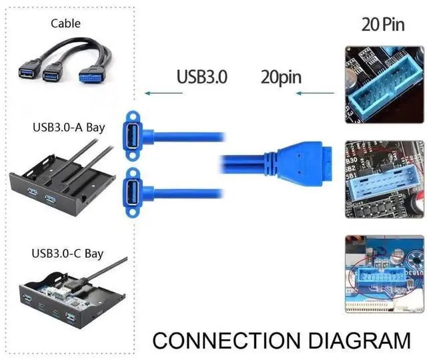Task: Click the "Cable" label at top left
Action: click(x=65, y=23)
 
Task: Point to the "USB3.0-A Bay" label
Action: click(x=68, y=128)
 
